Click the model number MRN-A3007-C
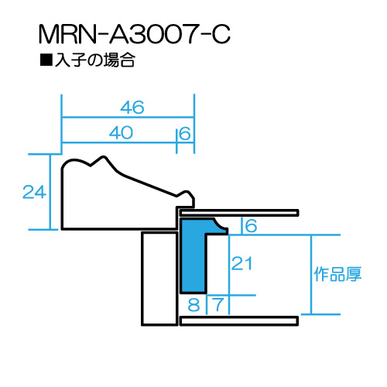click(134, 34)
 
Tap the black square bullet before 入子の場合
click(46, 60)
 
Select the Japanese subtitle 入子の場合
click(95, 60)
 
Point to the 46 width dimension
click(132, 108)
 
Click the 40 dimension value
click(121, 133)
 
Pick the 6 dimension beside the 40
click(185, 134)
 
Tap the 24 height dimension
click(34, 192)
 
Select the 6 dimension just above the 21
click(251, 226)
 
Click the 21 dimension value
click(241, 263)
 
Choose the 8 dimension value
click(193, 305)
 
